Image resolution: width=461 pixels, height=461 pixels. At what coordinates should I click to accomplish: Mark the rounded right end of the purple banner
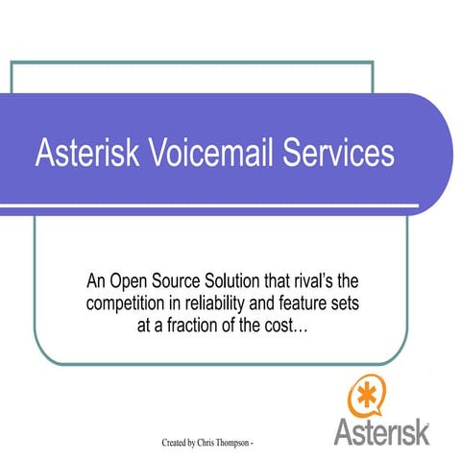[437, 155]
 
